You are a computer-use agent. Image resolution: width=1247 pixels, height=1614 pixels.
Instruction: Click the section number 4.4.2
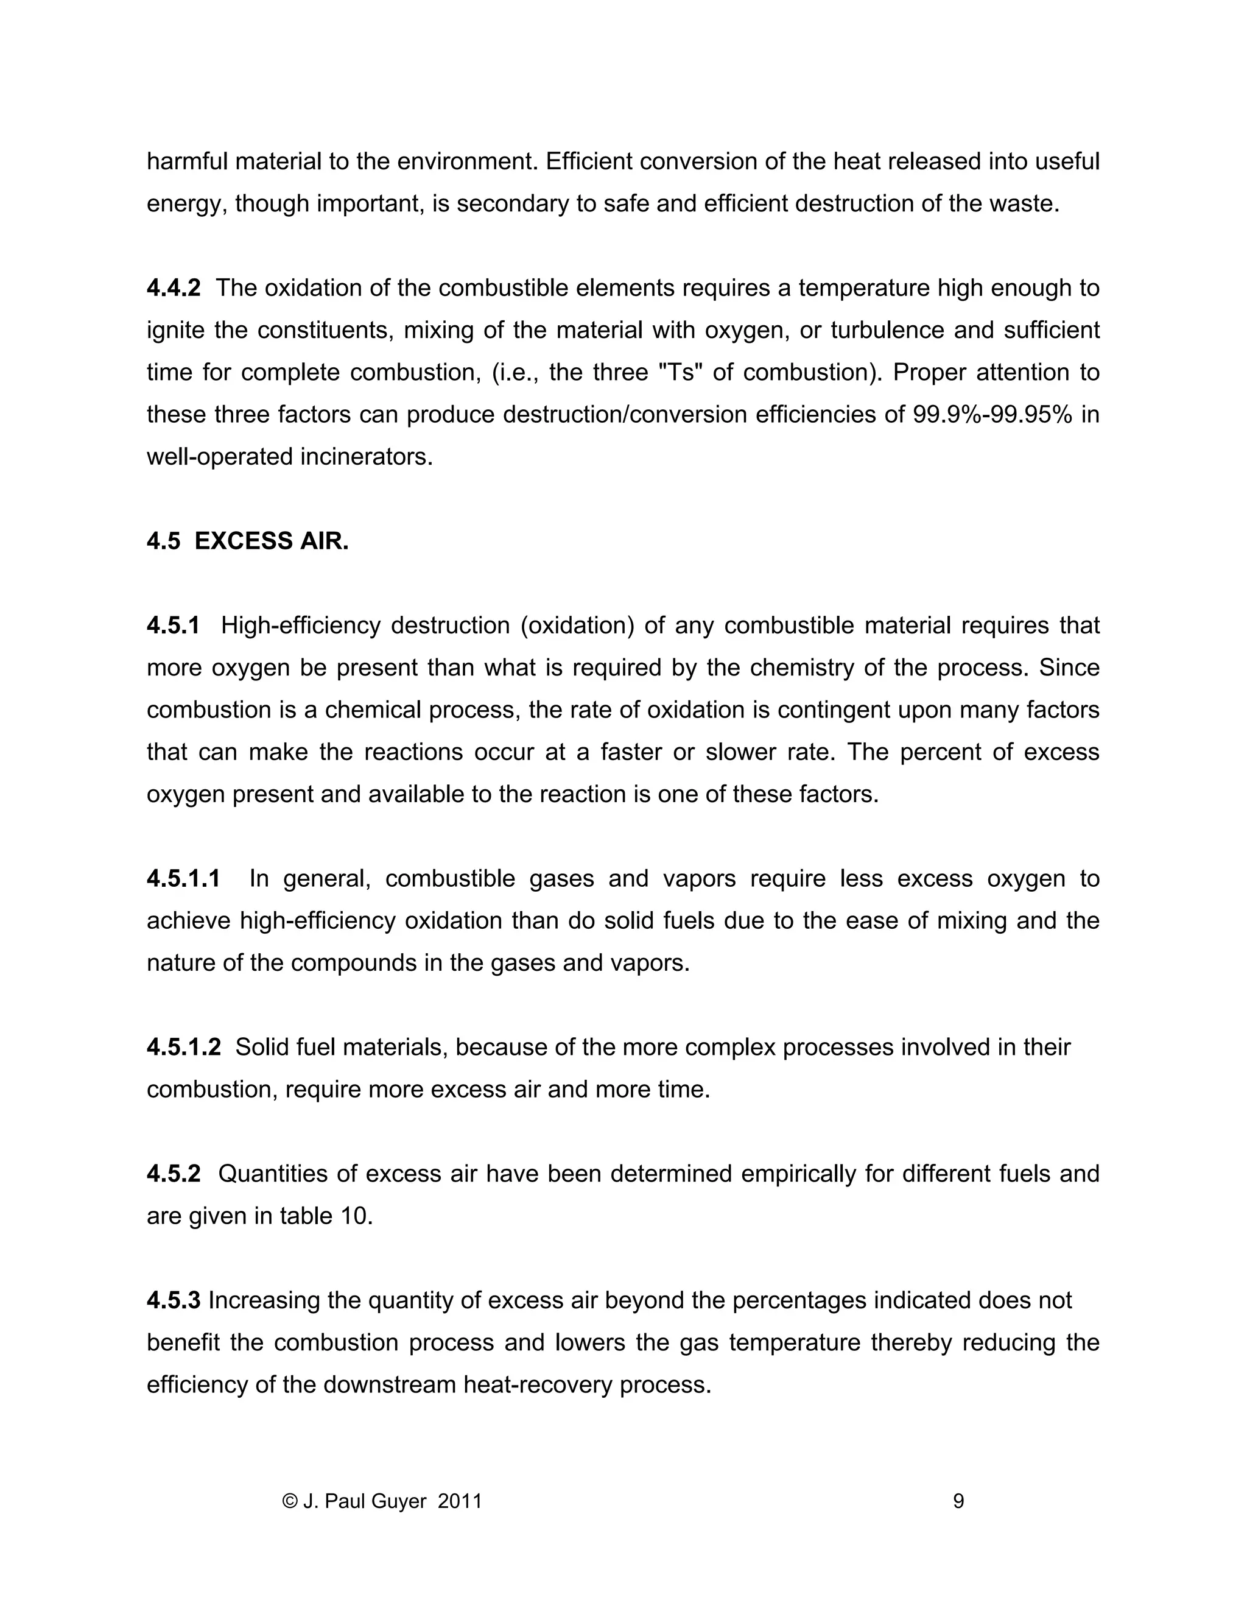click(x=173, y=288)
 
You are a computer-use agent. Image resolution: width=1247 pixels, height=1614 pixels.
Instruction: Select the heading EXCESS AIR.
click(x=271, y=541)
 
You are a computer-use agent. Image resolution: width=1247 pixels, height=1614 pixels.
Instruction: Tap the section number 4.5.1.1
click(x=183, y=879)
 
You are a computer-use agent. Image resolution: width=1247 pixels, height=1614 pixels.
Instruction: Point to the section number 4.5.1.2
click(x=183, y=1047)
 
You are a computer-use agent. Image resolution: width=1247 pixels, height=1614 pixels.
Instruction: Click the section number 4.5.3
click(x=173, y=1300)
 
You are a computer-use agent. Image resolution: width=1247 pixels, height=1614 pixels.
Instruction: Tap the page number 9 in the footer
click(x=958, y=1501)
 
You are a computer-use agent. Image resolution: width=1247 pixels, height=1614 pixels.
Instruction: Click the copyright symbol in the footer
click(x=290, y=1501)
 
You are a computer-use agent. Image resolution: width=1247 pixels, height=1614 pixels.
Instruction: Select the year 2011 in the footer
click(x=460, y=1501)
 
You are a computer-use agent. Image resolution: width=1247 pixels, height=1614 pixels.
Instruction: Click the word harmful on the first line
click(x=187, y=161)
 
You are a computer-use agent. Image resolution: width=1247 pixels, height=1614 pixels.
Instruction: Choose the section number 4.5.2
click(x=173, y=1174)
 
